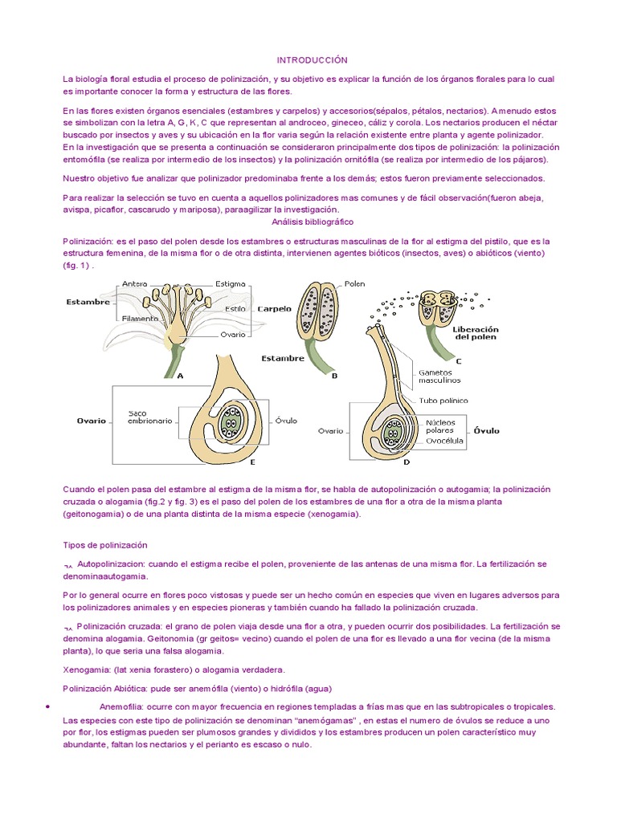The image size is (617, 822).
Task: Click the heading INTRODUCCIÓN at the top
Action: [312, 60]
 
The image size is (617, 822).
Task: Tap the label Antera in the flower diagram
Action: [135, 283]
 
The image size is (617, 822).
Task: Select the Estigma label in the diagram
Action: [231, 283]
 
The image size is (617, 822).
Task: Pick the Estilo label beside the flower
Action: [235, 308]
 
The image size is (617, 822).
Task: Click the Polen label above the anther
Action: [355, 283]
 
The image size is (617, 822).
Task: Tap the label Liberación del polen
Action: [476, 332]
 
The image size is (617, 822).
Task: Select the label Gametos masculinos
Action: [439, 376]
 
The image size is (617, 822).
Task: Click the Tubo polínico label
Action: [443, 400]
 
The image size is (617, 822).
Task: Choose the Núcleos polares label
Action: [440, 425]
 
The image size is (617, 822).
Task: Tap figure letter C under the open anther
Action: [459, 361]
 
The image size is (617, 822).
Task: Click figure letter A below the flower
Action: [179, 374]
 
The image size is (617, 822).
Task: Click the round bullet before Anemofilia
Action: [49, 706]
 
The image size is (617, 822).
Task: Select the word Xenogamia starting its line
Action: [86, 669]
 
